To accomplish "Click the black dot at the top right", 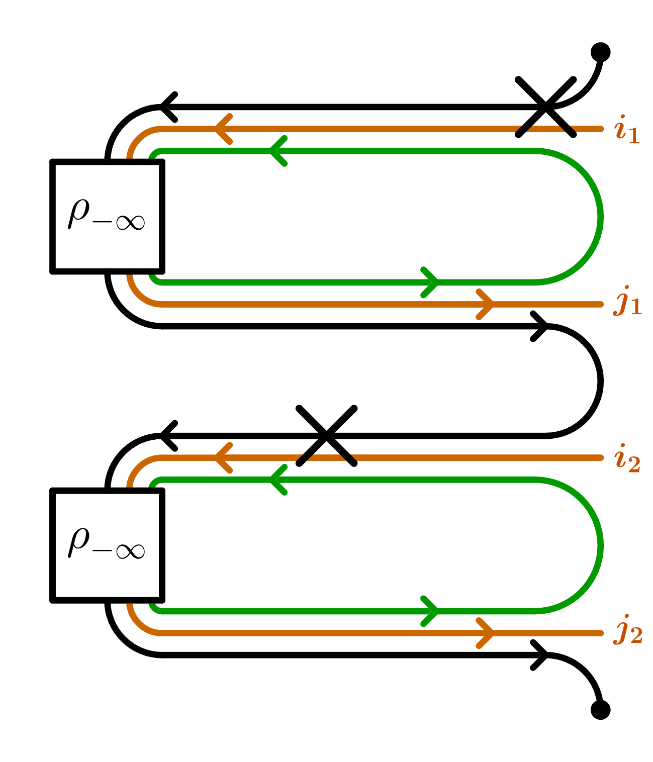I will click(600, 52).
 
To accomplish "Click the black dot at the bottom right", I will click(600, 709).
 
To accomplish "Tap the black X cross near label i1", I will click(546, 107).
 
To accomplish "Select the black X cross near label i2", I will click(327, 435).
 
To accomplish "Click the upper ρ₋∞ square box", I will click(107, 216).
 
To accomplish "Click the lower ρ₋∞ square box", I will click(107, 545).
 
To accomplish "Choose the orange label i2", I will click(627, 459).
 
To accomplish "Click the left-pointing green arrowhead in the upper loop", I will click(277, 151).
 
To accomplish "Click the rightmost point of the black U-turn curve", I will click(601, 381).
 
